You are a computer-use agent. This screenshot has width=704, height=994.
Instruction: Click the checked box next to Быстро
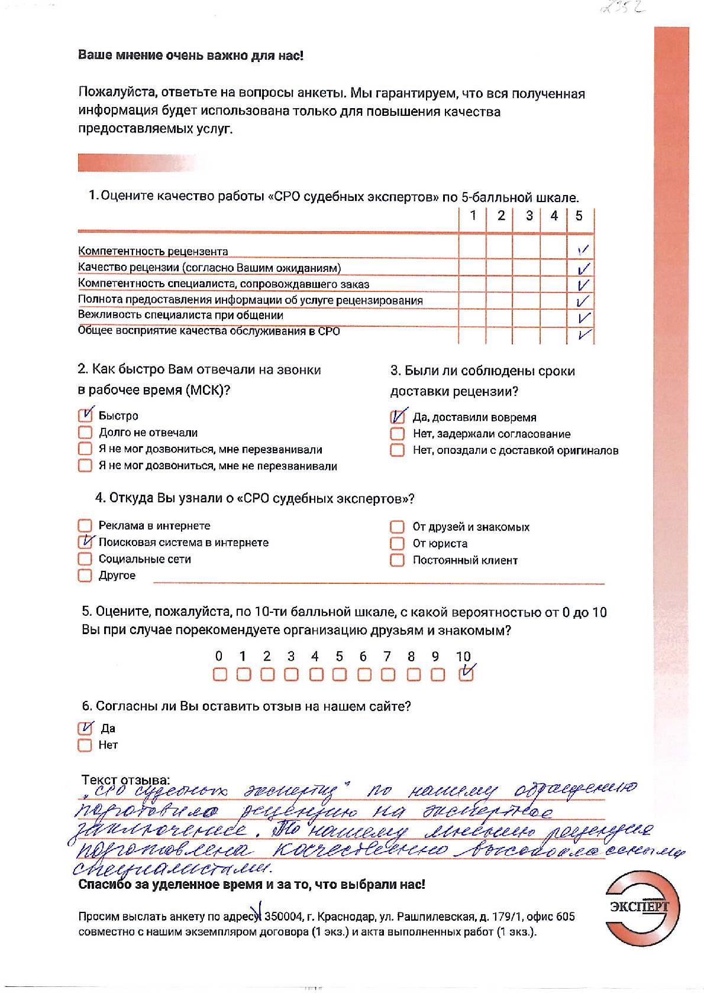(85, 415)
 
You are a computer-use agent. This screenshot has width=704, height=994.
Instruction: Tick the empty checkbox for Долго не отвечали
(85, 432)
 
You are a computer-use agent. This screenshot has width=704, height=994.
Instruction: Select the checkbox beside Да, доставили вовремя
(397, 417)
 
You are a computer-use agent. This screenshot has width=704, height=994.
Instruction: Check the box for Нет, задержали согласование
(397, 434)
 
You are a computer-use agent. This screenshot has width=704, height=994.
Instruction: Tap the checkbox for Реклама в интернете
(85, 525)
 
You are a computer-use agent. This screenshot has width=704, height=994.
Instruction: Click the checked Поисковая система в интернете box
(85, 542)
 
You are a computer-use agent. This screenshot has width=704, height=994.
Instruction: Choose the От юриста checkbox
(397, 543)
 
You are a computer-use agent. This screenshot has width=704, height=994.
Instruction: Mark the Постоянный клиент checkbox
(397, 560)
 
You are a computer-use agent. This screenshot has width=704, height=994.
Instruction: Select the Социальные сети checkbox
(85, 558)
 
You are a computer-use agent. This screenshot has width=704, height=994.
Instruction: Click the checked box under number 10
(466, 674)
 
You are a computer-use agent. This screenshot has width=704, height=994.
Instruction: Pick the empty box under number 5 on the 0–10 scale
(339, 674)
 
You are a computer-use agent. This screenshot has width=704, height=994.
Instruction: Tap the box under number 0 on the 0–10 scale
(219, 674)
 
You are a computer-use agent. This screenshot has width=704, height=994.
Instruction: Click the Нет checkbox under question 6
(85, 745)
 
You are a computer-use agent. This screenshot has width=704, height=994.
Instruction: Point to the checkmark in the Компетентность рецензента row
(583, 251)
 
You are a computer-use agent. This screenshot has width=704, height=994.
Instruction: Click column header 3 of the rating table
(529, 216)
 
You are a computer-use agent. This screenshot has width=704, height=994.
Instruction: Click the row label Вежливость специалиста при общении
(180, 315)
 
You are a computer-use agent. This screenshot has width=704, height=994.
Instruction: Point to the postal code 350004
(283, 917)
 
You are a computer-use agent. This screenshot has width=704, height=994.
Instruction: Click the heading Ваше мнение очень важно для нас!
(190, 56)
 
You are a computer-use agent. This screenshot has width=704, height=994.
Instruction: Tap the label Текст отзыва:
(125, 779)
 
